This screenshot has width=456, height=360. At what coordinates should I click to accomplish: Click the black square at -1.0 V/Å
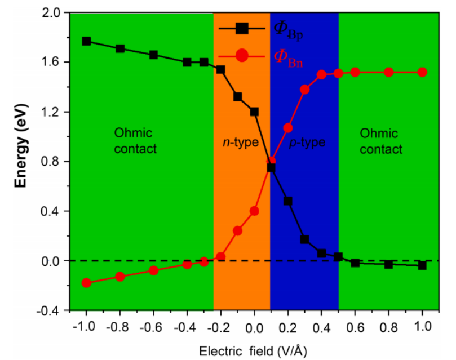[x=86, y=41]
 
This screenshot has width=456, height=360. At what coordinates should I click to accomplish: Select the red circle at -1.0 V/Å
[x=86, y=283]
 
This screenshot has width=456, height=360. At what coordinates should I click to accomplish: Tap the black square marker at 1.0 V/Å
[x=422, y=265]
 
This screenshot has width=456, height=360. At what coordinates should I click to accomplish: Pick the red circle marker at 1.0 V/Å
[x=422, y=72]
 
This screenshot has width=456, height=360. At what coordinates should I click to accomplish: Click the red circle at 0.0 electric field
[x=254, y=211]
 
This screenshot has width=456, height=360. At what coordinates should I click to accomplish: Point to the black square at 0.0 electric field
[x=254, y=112]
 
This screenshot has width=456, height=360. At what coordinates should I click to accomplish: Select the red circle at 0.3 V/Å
[x=305, y=90]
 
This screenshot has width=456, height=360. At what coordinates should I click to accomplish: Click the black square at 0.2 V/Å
[x=288, y=201]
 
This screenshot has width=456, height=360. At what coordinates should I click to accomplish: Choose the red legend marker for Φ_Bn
[x=242, y=55]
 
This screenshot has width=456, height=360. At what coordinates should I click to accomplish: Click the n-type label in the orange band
[x=239, y=143]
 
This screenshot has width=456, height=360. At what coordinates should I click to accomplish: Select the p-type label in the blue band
[x=307, y=143]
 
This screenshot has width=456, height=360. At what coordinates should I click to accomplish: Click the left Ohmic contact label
[x=135, y=141]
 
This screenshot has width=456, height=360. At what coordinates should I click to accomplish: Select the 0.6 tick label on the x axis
[x=355, y=326]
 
